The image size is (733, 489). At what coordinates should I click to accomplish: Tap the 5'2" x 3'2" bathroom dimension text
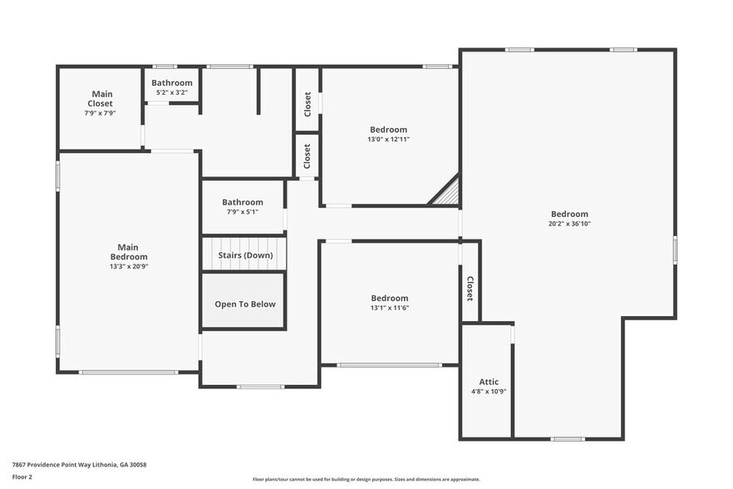[x=171, y=92]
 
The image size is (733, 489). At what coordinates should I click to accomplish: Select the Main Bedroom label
[x=127, y=251]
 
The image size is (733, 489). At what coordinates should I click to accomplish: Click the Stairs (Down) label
[x=245, y=255]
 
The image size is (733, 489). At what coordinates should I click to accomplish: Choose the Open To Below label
[x=245, y=304]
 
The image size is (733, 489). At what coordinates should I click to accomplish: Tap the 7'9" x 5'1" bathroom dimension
[x=243, y=212]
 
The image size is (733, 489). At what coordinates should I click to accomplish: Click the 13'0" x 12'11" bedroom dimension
[x=388, y=140]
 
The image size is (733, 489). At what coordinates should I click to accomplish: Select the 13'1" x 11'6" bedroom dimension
[x=389, y=308]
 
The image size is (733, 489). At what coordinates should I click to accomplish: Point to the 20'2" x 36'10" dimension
[x=569, y=224]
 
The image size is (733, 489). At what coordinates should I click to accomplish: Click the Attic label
[x=489, y=382]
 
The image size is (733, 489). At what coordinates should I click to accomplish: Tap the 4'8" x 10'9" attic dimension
[x=489, y=391]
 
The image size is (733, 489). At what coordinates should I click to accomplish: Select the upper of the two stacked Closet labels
[x=307, y=104]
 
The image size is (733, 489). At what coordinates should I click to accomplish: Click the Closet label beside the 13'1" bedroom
[x=470, y=289]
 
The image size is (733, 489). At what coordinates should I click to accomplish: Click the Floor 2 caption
[x=22, y=477]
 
